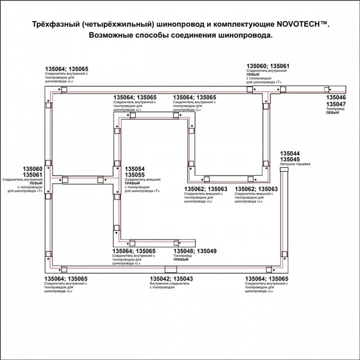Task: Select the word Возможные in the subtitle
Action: point(110,35)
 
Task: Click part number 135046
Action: point(336,98)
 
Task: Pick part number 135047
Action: point(336,104)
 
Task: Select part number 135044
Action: point(290,153)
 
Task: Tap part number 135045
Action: point(290,159)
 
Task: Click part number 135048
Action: point(184,251)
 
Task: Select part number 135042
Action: point(159,279)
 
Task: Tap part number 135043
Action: point(183,279)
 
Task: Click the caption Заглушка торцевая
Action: point(295,164)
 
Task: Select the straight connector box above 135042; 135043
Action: point(171,269)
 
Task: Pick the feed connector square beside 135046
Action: point(327,89)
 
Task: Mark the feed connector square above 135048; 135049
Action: point(176,243)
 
